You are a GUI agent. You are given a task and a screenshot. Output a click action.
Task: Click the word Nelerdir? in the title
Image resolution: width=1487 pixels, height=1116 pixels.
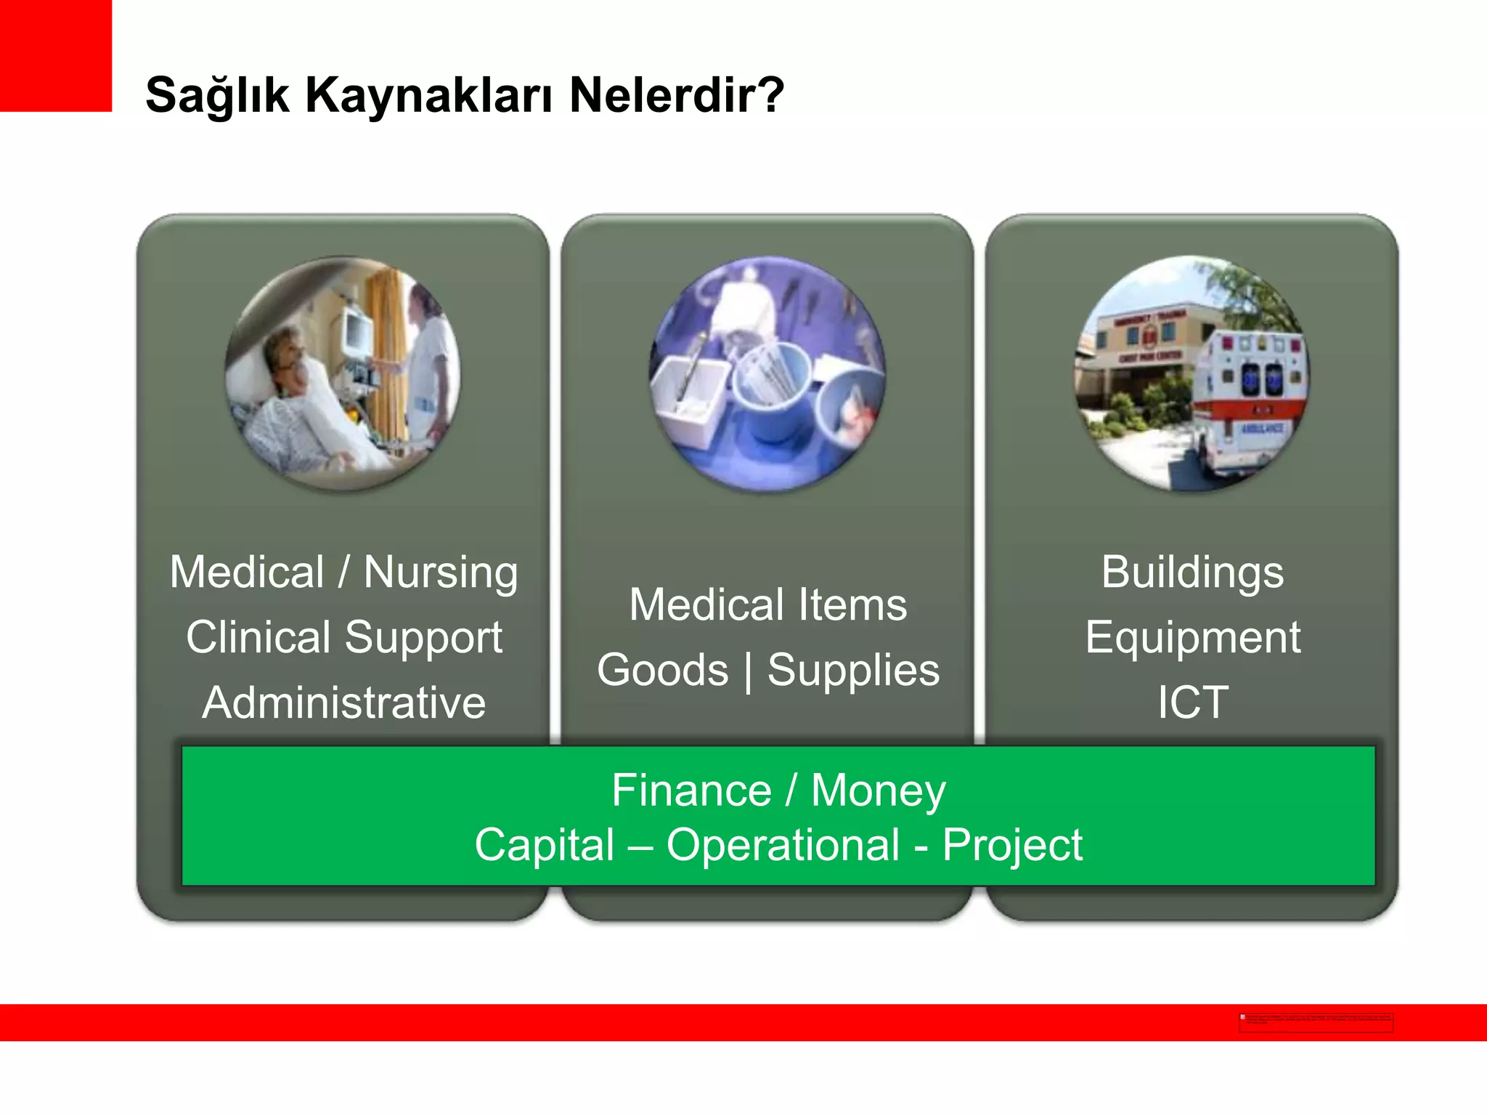tap(676, 95)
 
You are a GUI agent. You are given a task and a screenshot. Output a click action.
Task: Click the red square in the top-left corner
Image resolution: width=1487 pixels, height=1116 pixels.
tap(55, 55)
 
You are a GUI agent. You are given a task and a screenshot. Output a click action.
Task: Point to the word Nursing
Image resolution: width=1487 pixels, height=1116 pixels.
tap(441, 573)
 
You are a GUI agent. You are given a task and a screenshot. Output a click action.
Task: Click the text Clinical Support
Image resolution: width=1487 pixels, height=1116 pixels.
tap(343, 637)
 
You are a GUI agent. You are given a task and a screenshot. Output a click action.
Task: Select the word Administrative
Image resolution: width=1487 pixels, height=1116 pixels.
tap(343, 703)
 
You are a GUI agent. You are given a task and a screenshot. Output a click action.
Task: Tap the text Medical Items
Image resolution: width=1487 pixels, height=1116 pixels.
tap(767, 604)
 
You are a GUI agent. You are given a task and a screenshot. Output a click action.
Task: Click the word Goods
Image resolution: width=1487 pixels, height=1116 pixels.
tap(662, 669)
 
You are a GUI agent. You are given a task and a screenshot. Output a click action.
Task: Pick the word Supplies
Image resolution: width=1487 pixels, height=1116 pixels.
tap(853, 669)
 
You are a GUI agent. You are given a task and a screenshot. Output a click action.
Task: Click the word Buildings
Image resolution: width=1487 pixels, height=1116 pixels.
tap(1192, 572)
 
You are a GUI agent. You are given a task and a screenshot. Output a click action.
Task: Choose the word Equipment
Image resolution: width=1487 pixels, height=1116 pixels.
tap(1192, 637)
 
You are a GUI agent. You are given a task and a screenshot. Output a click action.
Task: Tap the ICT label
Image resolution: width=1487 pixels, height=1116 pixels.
tap(1192, 703)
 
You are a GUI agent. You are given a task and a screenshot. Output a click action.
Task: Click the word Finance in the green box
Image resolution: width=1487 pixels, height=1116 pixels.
tap(691, 790)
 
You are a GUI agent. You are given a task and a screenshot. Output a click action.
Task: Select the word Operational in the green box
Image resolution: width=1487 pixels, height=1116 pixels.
tap(783, 844)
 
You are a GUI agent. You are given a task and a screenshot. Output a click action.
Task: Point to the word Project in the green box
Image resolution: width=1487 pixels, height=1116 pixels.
tap(1011, 844)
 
